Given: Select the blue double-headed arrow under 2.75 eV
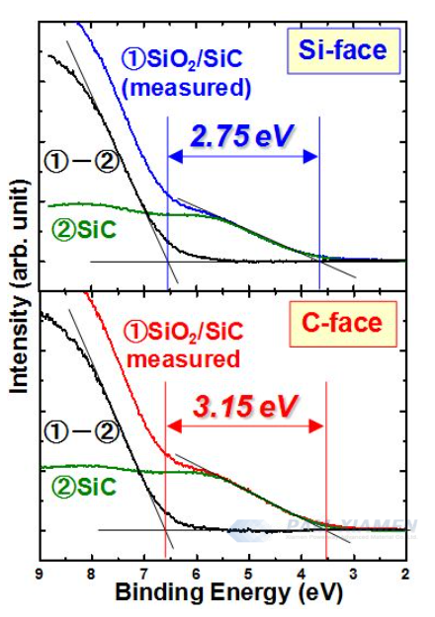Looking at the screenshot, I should pos(243,155).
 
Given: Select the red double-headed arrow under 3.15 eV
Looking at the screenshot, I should pos(245,425).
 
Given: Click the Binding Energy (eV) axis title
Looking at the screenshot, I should pos(220,594).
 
